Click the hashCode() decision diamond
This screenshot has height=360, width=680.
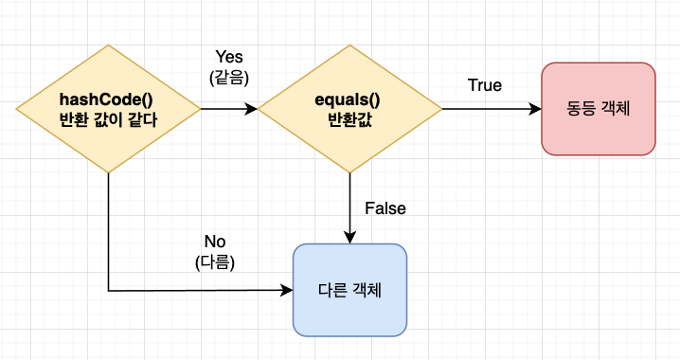point(108,110)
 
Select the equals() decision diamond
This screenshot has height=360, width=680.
point(350,110)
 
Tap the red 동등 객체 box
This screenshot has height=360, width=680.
point(598,108)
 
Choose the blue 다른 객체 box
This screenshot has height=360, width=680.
point(349,289)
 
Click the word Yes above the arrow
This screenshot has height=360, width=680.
point(229,58)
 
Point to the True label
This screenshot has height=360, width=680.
point(485,85)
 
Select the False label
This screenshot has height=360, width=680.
point(385,208)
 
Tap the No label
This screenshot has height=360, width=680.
point(214,242)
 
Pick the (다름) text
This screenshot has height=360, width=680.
point(214,261)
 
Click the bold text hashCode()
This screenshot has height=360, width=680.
point(108,99)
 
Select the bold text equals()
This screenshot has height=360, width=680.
point(350,99)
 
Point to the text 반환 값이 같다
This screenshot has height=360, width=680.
point(108,120)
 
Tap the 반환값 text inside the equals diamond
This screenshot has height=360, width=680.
point(350,120)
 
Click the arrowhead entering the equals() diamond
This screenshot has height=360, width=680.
point(252,109)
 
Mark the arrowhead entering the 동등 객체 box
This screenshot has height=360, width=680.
point(535,109)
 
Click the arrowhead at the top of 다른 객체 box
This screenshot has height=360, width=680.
point(350,238)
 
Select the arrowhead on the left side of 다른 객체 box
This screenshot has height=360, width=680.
point(287,290)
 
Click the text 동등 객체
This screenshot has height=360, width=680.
point(598,108)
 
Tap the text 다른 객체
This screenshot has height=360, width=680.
point(349,289)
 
